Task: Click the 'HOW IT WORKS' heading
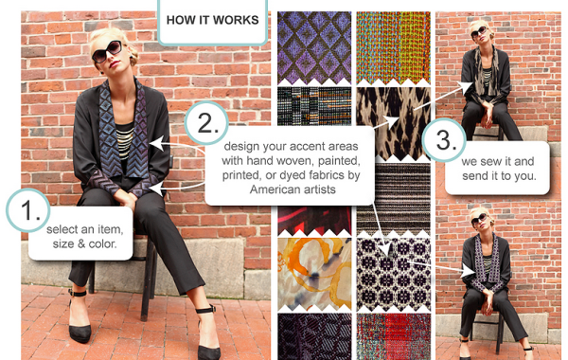213,20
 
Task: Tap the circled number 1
27,210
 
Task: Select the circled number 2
206,123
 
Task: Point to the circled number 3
444,140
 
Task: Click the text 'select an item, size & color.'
84,237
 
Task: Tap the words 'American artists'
293,189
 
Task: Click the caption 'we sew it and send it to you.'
498,169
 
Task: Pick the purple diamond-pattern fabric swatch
314,48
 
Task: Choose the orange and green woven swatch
394,48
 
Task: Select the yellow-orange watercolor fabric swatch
314,274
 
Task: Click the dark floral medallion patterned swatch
394,275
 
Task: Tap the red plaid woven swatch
394,336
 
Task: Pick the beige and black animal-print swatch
394,123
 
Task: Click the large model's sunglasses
107,52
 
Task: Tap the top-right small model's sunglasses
479,32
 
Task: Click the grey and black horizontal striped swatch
394,199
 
